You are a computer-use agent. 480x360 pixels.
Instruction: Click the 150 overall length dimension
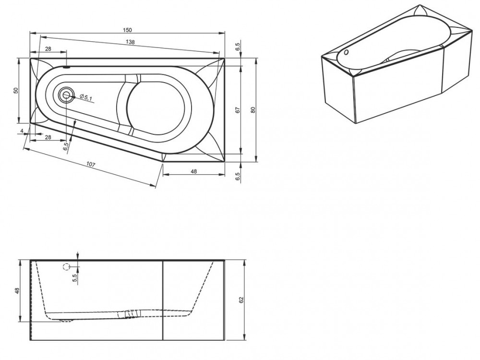click(127, 30)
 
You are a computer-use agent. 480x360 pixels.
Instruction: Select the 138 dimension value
click(131, 42)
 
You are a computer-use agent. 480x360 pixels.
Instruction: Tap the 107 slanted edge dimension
click(91, 164)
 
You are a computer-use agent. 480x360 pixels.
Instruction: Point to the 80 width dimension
click(253, 110)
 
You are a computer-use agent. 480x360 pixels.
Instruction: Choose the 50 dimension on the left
click(16, 90)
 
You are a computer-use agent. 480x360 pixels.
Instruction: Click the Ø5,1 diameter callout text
click(86, 97)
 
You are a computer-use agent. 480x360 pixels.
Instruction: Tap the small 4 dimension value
click(22, 131)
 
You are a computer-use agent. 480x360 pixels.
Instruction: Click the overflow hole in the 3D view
click(346, 52)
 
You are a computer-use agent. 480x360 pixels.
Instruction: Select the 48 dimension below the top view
click(193, 171)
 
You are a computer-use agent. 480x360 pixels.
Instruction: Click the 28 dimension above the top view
click(48, 49)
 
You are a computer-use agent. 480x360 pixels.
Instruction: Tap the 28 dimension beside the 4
click(48, 137)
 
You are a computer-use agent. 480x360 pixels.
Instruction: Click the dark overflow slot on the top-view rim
click(66, 67)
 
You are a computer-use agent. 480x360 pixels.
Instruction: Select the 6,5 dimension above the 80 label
click(238, 47)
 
